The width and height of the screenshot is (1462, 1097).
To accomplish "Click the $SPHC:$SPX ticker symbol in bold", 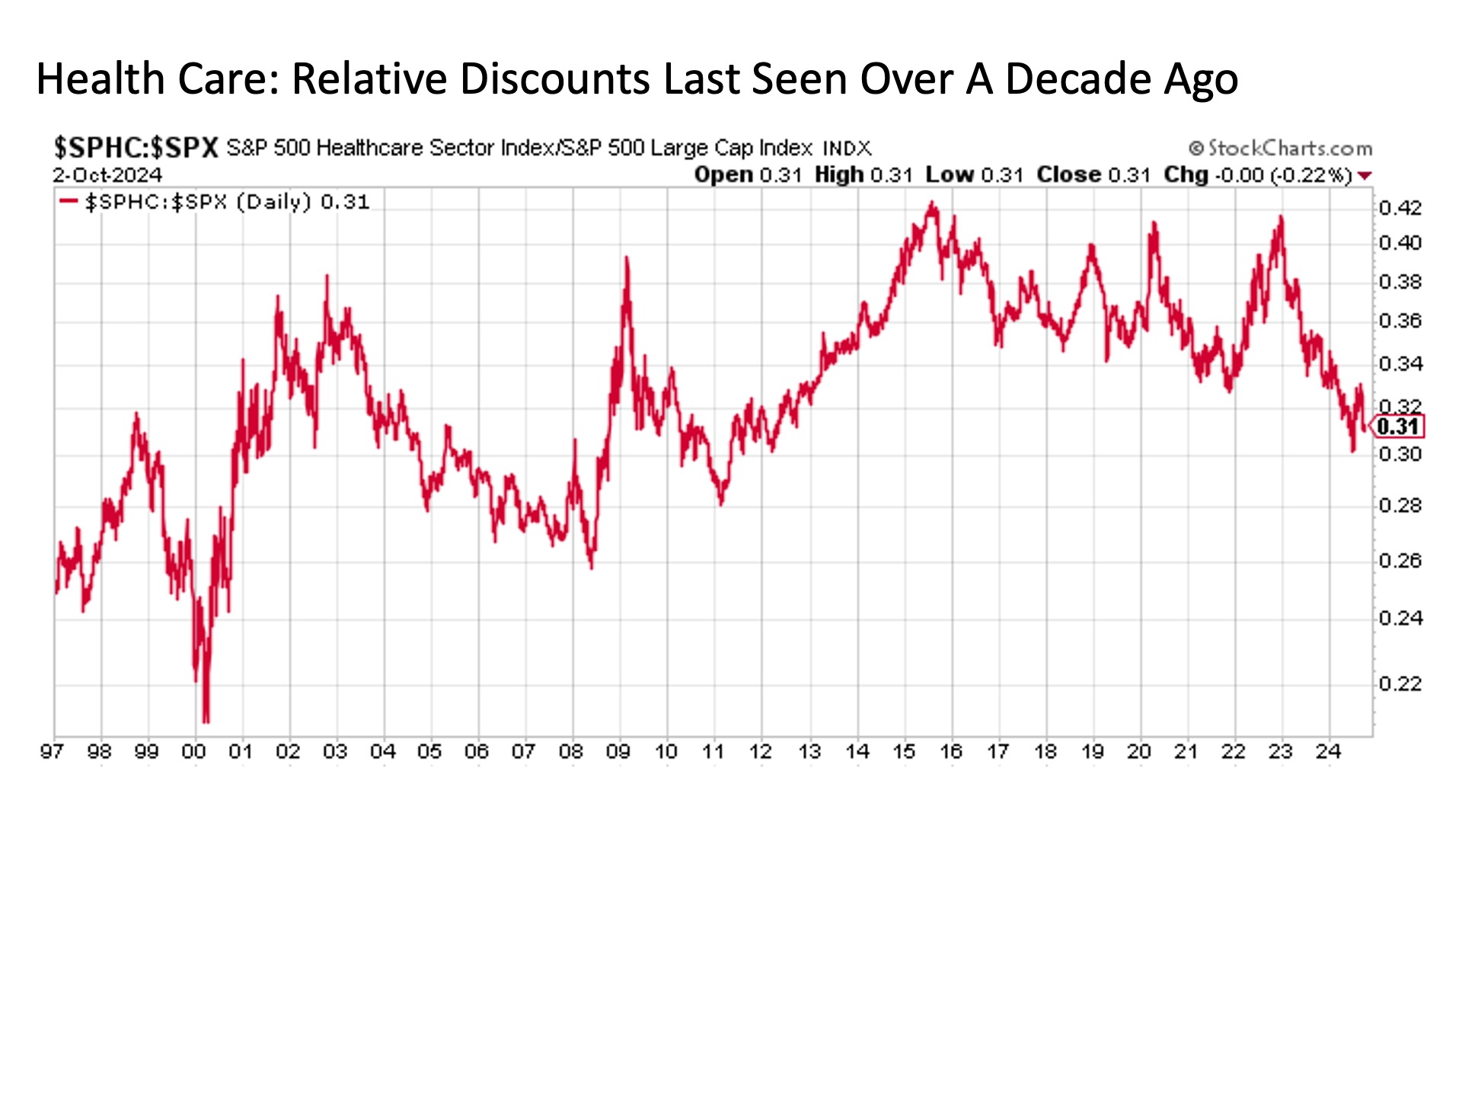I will tap(136, 147).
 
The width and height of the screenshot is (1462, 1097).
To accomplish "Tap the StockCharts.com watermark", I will tap(1281, 148).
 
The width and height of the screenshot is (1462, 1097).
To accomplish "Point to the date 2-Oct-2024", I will tap(107, 175).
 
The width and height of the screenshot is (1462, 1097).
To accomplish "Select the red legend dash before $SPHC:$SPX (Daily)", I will tap(69, 202).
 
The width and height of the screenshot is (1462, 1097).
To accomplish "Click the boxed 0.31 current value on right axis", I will tap(1398, 427).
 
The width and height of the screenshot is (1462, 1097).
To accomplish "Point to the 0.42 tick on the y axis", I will tap(1400, 208).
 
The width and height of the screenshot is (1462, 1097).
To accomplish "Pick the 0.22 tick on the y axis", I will tap(1400, 684).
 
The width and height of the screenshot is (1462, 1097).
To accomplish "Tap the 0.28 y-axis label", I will tap(1400, 506).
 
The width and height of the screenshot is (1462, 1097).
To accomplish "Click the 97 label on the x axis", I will tap(52, 752).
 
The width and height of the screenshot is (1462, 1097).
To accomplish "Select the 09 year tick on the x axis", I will tap(618, 752).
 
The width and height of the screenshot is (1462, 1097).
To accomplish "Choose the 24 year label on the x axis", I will tap(1328, 752).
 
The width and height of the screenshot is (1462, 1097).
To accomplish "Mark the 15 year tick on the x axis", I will tap(904, 752).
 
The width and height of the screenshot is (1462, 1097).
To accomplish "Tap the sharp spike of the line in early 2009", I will tap(627, 259).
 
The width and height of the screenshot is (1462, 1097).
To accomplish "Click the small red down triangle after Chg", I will tap(1365, 176).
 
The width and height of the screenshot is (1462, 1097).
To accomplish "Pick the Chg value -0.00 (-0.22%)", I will tap(1283, 175).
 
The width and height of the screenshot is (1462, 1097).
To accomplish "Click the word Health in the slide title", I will tap(101, 78).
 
